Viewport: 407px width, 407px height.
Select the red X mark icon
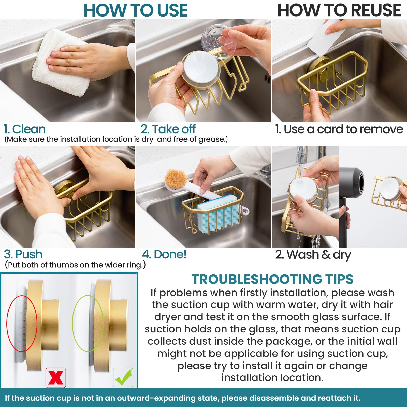(56, 378)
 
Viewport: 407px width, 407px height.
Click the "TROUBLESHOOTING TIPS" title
(272, 279)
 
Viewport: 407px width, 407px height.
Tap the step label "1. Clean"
(25, 129)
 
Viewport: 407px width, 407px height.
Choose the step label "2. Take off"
(168, 129)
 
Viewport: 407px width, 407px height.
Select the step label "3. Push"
(23, 254)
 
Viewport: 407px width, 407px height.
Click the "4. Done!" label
(164, 254)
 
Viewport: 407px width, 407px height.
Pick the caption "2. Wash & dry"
(313, 255)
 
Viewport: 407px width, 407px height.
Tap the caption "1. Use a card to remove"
(339, 129)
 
